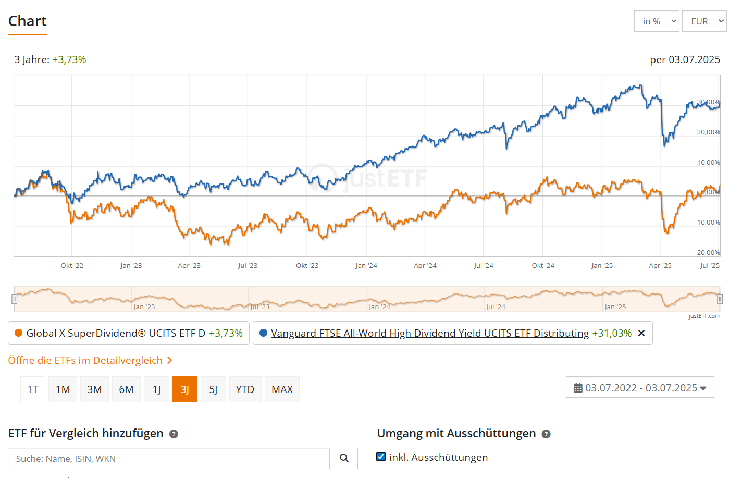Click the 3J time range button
point(184,389)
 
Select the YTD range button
point(245,389)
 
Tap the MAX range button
point(282,389)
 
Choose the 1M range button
point(63,389)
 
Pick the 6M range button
point(126,389)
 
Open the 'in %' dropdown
point(657,21)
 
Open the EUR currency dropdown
point(704,21)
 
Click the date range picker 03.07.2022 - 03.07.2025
point(640,388)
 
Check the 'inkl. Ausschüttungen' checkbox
point(381,457)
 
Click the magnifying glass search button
point(344,458)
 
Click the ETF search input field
point(169,459)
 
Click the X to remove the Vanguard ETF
point(641,333)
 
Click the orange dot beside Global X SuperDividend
point(19,333)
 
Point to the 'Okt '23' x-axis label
point(307,265)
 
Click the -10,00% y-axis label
point(707,222)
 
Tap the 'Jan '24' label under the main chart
point(366,265)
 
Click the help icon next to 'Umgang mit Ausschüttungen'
point(546,434)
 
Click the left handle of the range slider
point(15,299)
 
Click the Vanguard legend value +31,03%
point(612,333)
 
